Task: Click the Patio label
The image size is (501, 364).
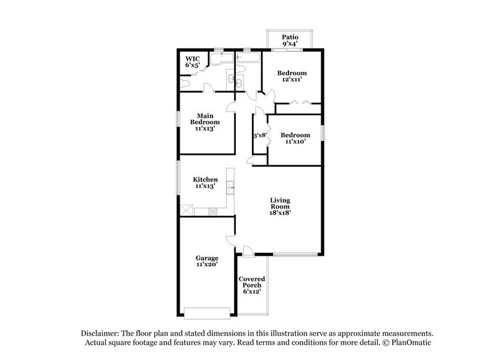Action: pyautogui.click(x=290, y=37)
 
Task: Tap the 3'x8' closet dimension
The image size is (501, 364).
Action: pyautogui.click(x=259, y=136)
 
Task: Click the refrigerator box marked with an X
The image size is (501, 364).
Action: pyautogui.click(x=186, y=210)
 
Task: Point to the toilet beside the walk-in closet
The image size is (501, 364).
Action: pyautogui.click(x=186, y=82)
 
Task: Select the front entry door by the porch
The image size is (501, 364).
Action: pyautogui.click(x=246, y=250)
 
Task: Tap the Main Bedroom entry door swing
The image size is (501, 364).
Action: pyautogui.click(x=230, y=106)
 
